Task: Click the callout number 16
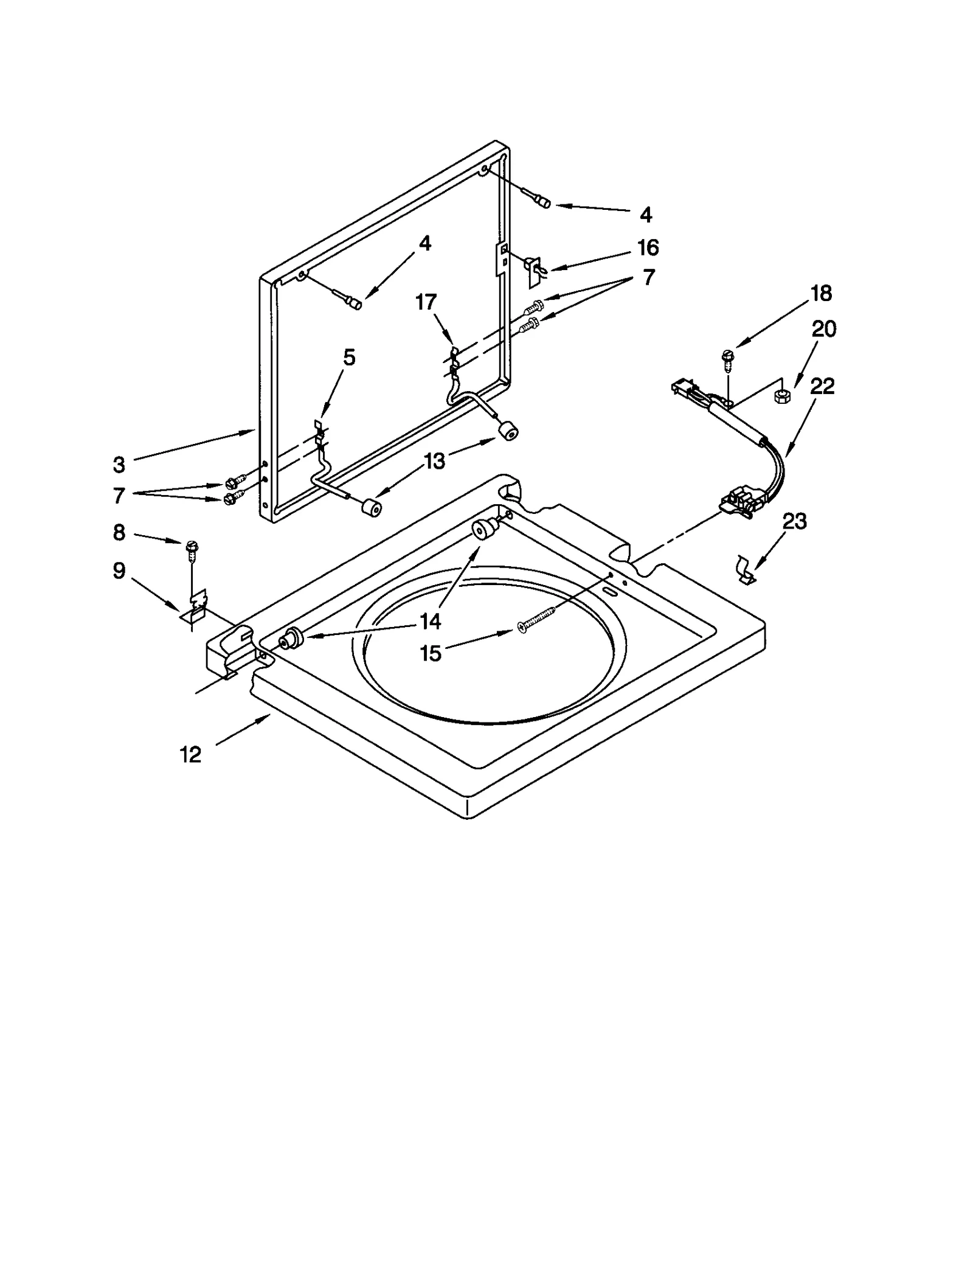tap(648, 248)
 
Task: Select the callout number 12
tap(190, 755)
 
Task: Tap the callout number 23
tap(794, 521)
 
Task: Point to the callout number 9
tap(119, 570)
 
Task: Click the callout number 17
tap(426, 302)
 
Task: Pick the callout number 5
tap(348, 358)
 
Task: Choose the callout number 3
tap(119, 465)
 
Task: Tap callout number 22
tap(822, 386)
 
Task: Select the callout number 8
tap(119, 533)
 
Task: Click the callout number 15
tap(430, 654)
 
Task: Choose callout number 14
tap(430, 621)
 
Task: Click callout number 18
tap(821, 293)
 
